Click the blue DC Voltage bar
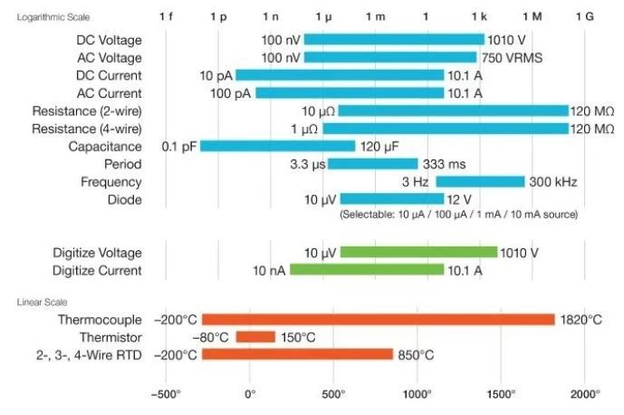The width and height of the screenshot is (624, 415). coord(393,40)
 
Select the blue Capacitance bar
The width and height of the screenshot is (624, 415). coord(277,146)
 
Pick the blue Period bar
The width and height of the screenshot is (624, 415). coord(372,164)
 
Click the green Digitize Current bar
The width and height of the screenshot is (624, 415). coord(367,270)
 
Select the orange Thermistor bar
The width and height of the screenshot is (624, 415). coord(255,337)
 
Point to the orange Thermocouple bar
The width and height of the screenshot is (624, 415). coord(378,320)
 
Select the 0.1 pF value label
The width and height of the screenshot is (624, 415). coord(179,146)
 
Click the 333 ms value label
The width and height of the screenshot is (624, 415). coord(445,164)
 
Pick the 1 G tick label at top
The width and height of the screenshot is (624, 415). coord(585,17)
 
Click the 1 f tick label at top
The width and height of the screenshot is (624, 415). coord(166,17)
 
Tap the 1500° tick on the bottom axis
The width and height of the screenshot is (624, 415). coord(501,394)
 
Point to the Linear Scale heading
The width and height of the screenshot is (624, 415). coord(41,301)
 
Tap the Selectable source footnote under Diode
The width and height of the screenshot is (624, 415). coord(458,215)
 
